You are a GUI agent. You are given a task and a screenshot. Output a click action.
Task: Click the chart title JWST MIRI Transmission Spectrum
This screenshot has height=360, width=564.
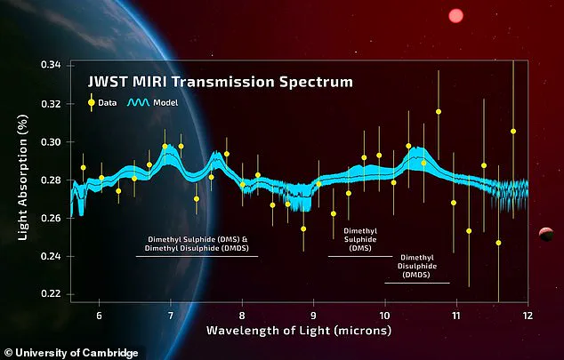click(x=221, y=82)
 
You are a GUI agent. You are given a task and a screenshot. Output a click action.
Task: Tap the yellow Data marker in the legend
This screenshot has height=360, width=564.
click(x=92, y=101)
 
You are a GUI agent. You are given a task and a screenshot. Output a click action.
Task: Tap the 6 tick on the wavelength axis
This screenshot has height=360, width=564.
click(x=99, y=315)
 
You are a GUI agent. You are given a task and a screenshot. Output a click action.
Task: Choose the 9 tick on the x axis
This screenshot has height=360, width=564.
click(x=313, y=315)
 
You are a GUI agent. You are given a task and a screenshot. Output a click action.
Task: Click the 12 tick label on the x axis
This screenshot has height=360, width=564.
click(x=527, y=315)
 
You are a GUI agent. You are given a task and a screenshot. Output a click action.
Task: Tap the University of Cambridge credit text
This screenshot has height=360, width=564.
click(x=71, y=353)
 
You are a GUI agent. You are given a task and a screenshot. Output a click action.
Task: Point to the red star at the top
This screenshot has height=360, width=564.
click(x=456, y=15)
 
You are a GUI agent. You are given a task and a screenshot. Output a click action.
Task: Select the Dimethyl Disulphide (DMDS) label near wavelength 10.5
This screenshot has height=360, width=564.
click(x=416, y=268)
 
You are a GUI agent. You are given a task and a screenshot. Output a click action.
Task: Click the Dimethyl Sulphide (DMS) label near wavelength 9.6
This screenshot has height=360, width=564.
click(x=361, y=240)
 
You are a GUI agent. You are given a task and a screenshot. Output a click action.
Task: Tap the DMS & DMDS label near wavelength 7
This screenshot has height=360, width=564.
click(x=197, y=244)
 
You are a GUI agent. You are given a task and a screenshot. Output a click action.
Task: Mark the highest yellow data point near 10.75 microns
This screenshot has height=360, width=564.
click(x=439, y=112)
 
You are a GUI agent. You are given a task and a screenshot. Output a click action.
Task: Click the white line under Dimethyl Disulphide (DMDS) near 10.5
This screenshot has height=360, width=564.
click(x=417, y=284)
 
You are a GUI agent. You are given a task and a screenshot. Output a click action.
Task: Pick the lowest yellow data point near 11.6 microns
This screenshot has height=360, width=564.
click(x=498, y=243)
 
